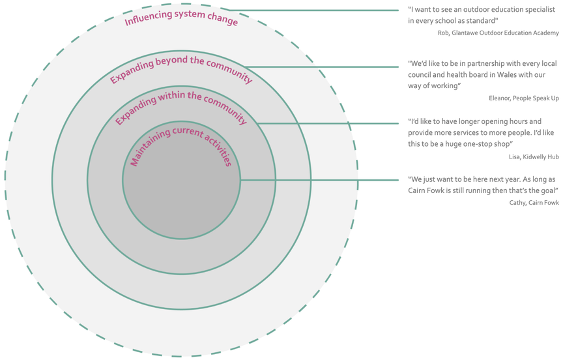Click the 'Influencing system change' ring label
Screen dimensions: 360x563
181,17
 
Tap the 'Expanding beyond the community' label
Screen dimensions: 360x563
180,68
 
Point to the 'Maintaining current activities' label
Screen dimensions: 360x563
180,143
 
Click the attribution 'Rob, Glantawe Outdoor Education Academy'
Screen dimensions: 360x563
498,33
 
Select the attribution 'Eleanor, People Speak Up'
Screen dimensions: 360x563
523,98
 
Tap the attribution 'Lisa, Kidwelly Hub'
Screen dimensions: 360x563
534,157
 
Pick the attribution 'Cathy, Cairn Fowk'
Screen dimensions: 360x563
534,203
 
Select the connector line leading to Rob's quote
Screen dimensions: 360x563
313,10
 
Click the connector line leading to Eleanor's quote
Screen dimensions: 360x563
326,67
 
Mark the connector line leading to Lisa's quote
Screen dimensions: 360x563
329,123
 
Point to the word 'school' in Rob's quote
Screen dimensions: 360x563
452,21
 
